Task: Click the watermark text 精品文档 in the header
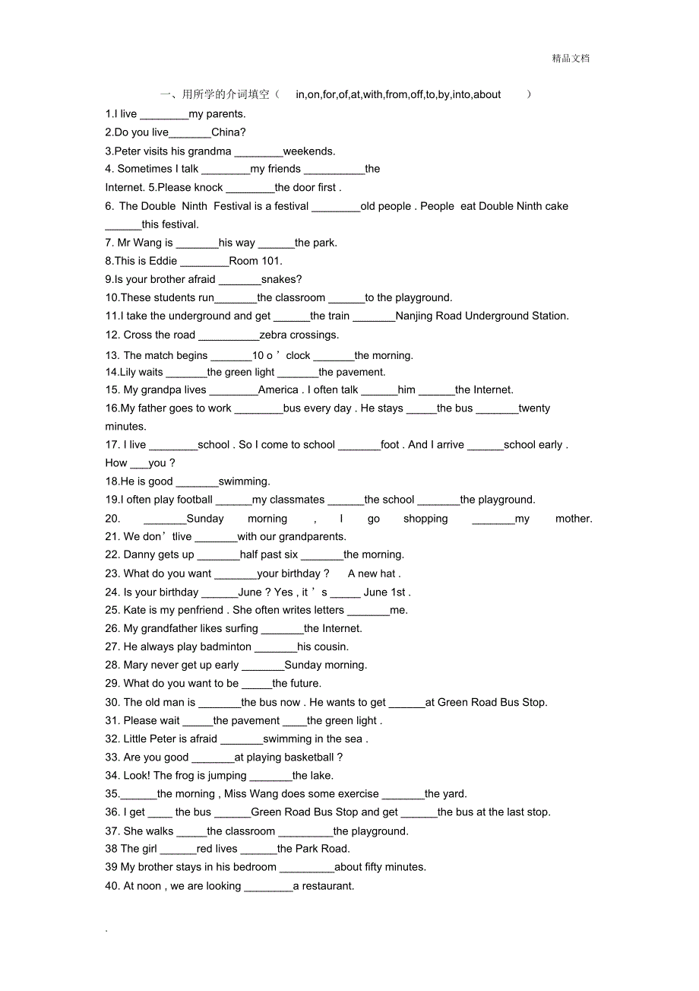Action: (571, 59)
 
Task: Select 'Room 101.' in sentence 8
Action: (255, 261)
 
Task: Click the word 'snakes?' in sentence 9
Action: (281, 279)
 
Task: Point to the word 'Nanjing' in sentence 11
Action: (415, 316)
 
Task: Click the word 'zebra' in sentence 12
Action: (274, 335)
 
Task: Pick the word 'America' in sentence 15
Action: (278, 389)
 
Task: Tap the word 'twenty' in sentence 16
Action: (534, 408)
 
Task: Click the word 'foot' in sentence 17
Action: (391, 444)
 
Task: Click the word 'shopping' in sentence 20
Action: (425, 519)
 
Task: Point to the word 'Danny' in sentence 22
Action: (139, 554)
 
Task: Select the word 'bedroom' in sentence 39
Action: (254, 866)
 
